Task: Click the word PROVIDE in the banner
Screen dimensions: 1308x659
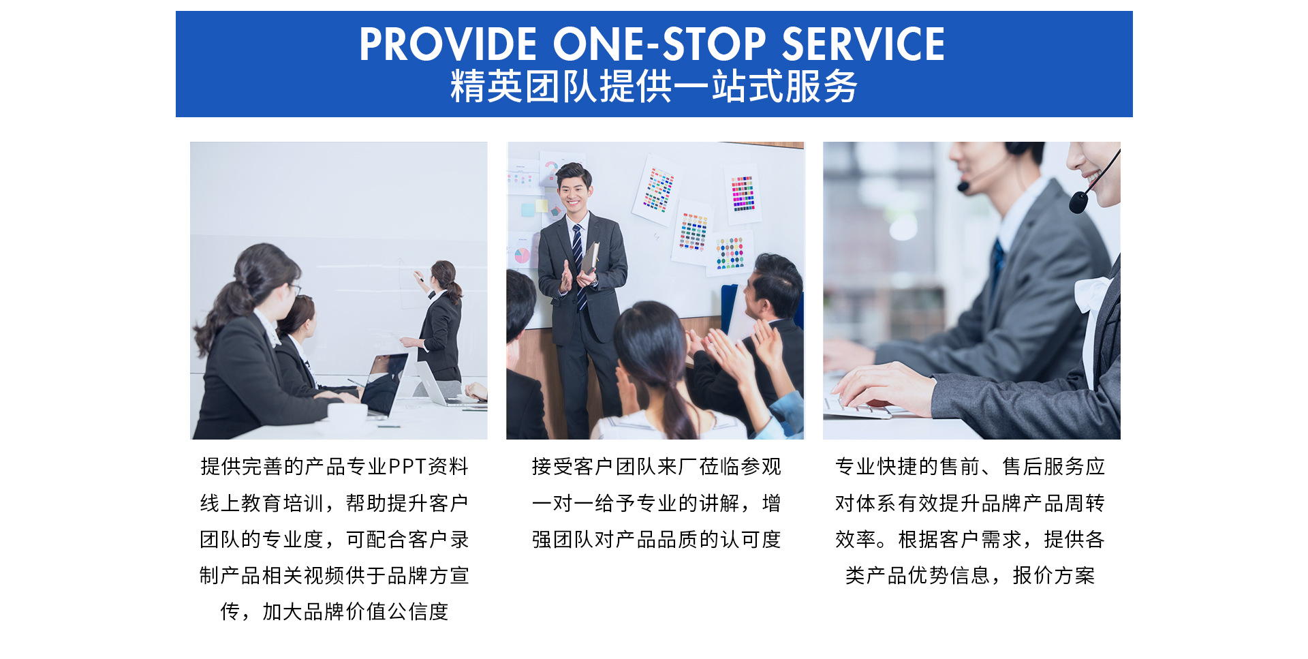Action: point(448,44)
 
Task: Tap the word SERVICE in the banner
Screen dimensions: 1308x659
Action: point(863,44)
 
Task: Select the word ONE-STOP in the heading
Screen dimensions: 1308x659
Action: point(659,44)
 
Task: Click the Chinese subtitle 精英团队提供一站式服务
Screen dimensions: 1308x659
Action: point(653,87)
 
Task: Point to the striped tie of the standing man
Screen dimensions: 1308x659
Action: point(578,266)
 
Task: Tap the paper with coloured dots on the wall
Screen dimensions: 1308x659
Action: point(730,253)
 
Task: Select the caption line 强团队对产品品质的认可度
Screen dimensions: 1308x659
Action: point(656,540)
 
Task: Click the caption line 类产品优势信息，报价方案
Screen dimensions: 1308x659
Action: point(970,576)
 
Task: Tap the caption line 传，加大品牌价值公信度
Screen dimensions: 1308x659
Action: point(334,612)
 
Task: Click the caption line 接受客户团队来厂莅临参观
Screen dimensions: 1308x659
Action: point(656,467)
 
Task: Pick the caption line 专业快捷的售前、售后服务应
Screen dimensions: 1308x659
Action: point(970,467)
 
